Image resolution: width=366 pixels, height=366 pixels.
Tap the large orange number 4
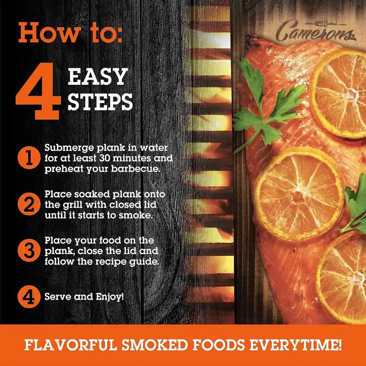(38, 91)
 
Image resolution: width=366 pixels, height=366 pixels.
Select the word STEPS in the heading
(100, 102)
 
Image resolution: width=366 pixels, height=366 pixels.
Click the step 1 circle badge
(29, 158)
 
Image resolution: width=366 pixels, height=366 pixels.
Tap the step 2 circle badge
(29, 204)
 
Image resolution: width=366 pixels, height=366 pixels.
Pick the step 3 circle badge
(29, 251)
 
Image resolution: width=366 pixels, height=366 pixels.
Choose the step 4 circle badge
(29, 297)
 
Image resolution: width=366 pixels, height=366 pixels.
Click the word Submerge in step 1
(69, 148)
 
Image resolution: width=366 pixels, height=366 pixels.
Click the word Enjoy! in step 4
(110, 297)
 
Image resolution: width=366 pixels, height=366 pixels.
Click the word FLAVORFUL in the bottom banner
(70, 345)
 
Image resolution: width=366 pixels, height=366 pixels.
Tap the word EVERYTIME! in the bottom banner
(296, 345)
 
